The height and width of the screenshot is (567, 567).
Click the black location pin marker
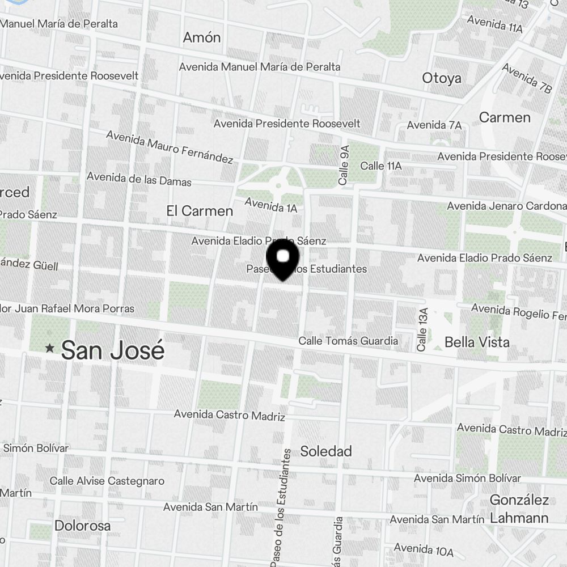[x=282, y=259]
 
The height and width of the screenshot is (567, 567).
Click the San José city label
[x=112, y=350]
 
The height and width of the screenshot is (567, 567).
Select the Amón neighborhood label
[x=202, y=38]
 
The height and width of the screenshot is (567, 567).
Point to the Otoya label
[x=442, y=78]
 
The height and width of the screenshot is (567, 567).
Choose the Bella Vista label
[x=477, y=342]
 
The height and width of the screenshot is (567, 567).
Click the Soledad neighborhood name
[x=326, y=451]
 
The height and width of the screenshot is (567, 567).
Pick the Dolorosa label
[x=83, y=526]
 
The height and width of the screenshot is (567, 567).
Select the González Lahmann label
[x=519, y=509]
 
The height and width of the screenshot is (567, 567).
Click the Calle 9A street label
[x=343, y=165]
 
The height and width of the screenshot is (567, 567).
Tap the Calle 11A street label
[x=381, y=166]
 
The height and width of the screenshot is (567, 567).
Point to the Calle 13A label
[x=421, y=329]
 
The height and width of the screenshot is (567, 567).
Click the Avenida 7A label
[x=434, y=125]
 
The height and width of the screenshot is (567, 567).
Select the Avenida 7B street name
[x=527, y=78]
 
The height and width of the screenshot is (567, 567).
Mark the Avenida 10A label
[x=423, y=549]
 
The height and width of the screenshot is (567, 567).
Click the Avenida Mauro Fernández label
[x=170, y=147]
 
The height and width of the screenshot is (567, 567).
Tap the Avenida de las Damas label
[x=139, y=179]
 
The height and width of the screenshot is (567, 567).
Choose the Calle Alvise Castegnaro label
[x=107, y=481]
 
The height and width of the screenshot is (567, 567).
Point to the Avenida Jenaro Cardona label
[x=506, y=206]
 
